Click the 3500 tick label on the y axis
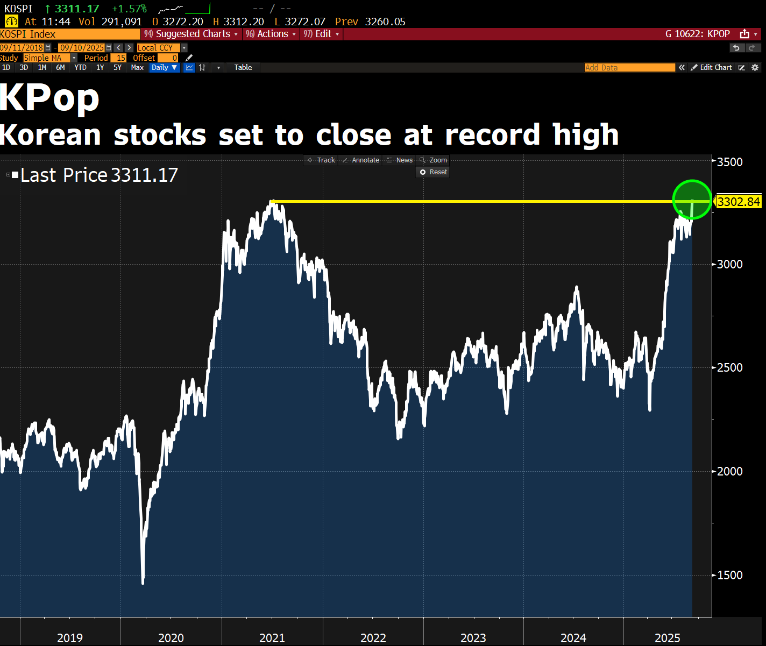coord(730,162)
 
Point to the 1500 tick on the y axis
coord(730,575)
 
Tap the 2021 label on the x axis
coord(272,638)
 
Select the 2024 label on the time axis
coord(573,638)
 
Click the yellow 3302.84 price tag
coord(739,202)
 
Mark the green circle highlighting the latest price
coord(692,200)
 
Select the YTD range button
coord(80,68)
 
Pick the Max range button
coord(137,68)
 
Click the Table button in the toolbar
coord(243,68)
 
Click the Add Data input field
coord(629,68)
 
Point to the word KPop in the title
coord(49,98)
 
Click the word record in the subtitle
coord(492,134)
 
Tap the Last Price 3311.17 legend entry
coord(98,175)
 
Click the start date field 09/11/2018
coord(22,48)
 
